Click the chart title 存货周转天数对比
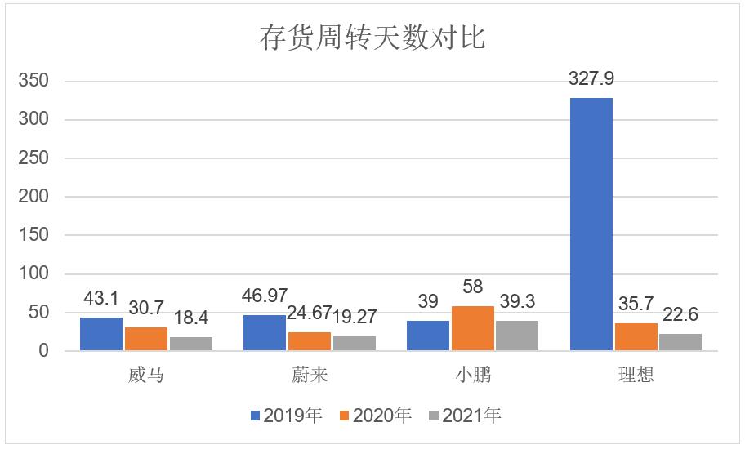point(372,37)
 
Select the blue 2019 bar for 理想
point(591,224)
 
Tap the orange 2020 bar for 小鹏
point(472,329)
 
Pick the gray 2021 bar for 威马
point(191,344)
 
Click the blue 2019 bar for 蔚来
point(265,333)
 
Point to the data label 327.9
point(591,79)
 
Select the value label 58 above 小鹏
point(472,287)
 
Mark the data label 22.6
point(680,315)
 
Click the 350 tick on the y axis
point(34,81)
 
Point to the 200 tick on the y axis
point(34,197)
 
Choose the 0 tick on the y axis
point(45,351)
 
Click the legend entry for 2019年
point(286,416)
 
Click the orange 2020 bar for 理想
point(636,337)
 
